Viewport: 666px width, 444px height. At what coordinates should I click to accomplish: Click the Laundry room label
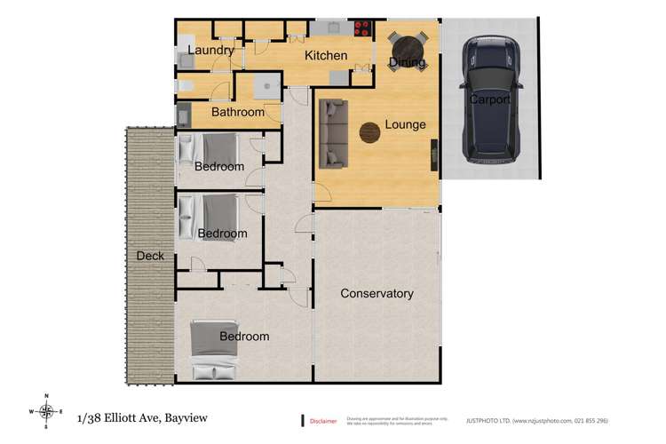pyautogui.click(x=210, y=51)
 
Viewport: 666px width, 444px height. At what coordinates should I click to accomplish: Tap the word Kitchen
pyautogui.click(x=326, y=56)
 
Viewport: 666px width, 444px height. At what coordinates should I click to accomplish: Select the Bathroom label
pyautogui.click(x=237, y=113)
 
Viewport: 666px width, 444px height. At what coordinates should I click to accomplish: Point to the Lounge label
pyautogui.click(x=405, y=125)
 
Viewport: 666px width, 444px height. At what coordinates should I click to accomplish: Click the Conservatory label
pyautogui.click(x=377, y=293)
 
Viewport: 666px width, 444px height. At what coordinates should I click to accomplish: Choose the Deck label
pyautogui.click(x=150, y=257)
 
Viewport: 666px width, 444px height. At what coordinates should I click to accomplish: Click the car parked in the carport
pyautogui.click(x=488, y=100)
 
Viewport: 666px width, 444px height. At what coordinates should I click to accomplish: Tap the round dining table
pyautogui.click(x=407, y=45)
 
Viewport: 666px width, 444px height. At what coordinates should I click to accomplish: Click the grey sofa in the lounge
pyautogui.click(x=333, y=134)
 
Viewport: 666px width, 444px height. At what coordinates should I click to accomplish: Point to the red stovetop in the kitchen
pyautogui.click(x=362, y=27)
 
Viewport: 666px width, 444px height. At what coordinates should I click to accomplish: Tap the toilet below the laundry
pyautogui.click(x=185, y=86)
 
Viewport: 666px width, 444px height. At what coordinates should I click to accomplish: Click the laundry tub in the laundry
pyautogui.click(x=186, y=59)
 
